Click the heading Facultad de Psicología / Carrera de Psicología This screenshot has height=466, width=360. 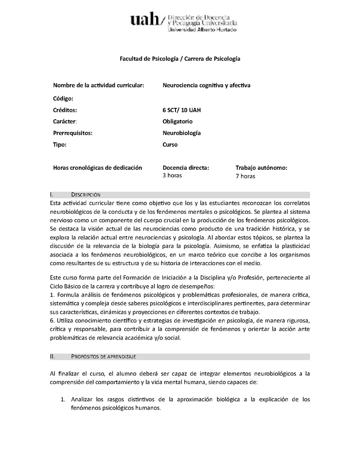click(180, 59)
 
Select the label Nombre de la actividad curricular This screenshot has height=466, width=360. click(99, 85)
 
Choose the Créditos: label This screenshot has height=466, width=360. click(65, 110)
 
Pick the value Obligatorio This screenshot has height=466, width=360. click(177, 122)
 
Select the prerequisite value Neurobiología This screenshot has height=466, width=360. click(181, 133)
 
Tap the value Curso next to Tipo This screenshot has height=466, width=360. click(170, 145)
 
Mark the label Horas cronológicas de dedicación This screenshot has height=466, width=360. click(98, 167)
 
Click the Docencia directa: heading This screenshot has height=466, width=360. click(186, 167)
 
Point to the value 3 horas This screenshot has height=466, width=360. click(172, 175)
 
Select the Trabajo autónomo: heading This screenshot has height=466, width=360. click(261, 167)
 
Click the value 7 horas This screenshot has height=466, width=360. click(245, 176)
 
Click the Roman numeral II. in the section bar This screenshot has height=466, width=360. click(53, 357)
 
